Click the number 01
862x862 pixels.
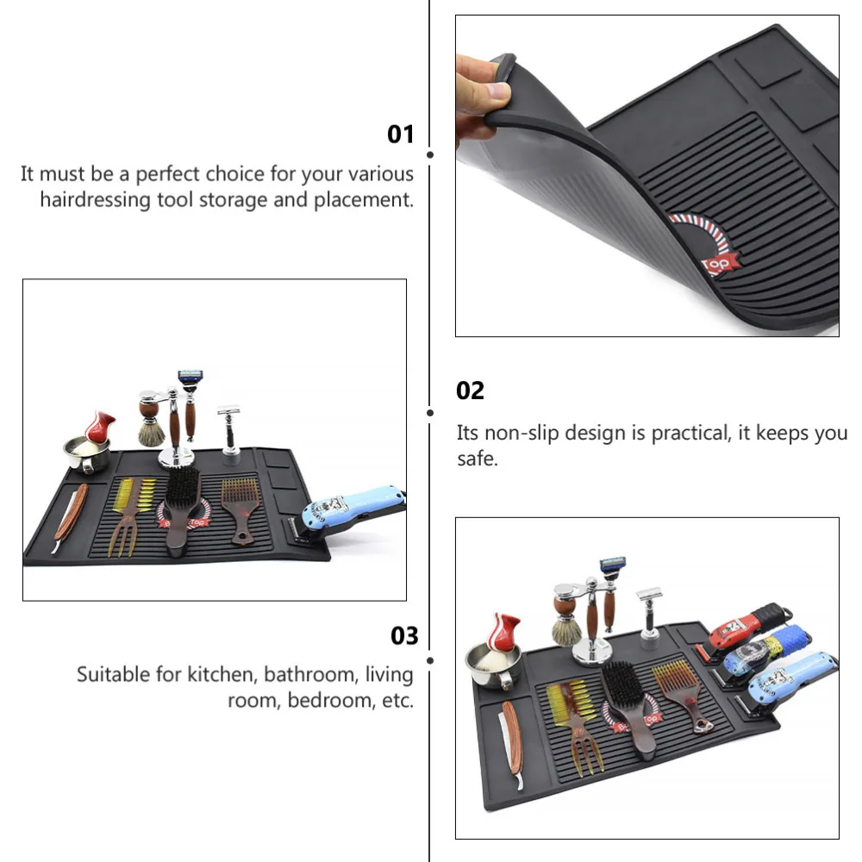(401, 134)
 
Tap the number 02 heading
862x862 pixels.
(470, 390)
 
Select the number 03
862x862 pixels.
(404, 636)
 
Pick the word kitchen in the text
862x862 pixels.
(221, 673)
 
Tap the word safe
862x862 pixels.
(477, 459)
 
